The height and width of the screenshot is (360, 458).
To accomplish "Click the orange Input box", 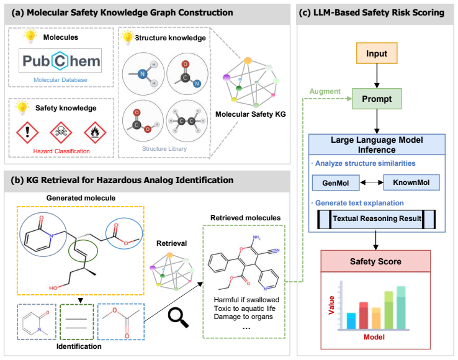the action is tap(377, 53).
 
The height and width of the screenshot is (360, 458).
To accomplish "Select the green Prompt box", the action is tap(377, 99).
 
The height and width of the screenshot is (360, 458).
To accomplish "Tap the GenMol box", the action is tap(336, 183).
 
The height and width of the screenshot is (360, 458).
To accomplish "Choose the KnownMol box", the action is tap(411, 182).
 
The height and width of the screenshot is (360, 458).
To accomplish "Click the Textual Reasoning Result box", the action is tap(377, 219).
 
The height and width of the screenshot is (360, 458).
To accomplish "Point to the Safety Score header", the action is tap(375, 261).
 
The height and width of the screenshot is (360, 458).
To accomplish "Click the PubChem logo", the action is tap(60, 61).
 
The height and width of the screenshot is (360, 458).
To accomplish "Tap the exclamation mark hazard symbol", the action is tap(27, 132).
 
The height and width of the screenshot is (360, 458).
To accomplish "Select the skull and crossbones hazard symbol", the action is tap(61, 132).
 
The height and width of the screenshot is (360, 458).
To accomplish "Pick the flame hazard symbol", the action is tap(95, 132).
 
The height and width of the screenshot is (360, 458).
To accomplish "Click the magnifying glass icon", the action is tap(178, 317).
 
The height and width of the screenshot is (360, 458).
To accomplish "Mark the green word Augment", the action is tap(325, 91).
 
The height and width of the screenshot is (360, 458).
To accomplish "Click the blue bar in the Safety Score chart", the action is tap(351, 321).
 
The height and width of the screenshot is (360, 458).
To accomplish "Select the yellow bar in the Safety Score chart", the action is tap(376, 318).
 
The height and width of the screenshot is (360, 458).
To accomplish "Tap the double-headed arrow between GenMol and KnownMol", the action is tap(371, 182).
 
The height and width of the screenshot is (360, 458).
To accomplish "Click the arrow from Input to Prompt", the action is tap(377, 76).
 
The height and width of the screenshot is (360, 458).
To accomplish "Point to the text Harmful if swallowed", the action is tap(246, 300).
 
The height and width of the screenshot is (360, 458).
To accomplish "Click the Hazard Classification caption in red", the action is tap(61, 151).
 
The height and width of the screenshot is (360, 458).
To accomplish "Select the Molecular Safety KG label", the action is tap(250, 114).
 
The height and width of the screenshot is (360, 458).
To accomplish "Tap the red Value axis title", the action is tap(331, 305).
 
